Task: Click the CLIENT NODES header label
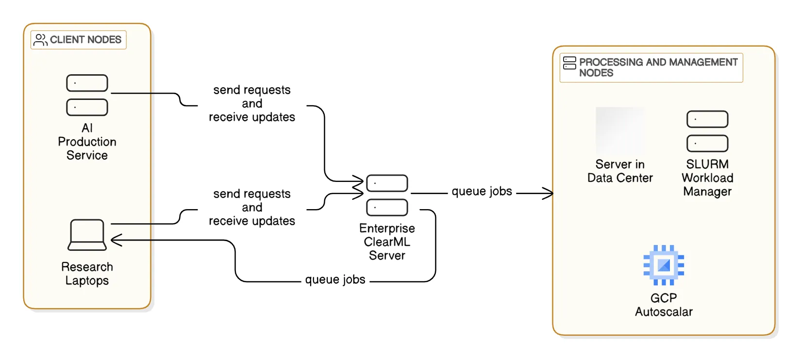click(x=85, y=40)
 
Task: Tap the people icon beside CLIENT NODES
click(x=40, y=40)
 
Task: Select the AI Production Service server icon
click(x=87, y=95)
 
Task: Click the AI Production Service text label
click(x=87, y=142)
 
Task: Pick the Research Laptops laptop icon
click(x=87, y=235)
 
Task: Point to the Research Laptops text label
click(x=87, y=274)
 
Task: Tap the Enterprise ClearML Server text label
click(x=387, y=242)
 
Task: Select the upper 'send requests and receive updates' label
click(x=252, y=103)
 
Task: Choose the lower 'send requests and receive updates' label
click(x=252, y=207)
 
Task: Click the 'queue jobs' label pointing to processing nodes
click(x=482, y=191)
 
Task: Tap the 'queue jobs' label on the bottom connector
click(x=335, y=279)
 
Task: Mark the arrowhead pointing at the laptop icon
click(x=116, y=240)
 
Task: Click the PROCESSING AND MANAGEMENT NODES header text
click(x=658, y=67)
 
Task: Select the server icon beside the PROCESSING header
click(x=569, y=63)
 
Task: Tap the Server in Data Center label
click(x=620, y=171)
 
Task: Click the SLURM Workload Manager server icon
click(x=707, y=131)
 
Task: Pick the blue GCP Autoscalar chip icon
click(x=664, y=265)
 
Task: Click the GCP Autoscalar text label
click(x=664, y=305)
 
